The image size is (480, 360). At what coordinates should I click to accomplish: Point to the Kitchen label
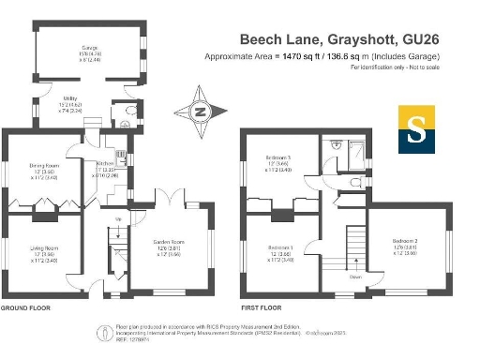point(104,168)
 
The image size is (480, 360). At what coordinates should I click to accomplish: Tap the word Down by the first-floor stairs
point(355,277)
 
